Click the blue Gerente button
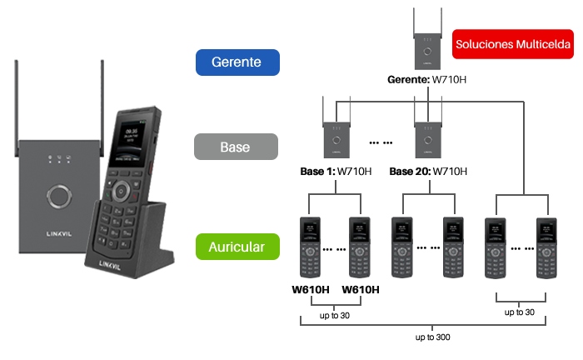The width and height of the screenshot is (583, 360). pyautogui.click(x=237, y=62)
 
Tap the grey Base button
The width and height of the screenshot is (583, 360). pyautogui.click(x=236, y=147)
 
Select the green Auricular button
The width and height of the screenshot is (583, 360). pyautogui.click(x=237, y=247)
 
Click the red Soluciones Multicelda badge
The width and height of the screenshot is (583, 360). pyautogui.click(x=513, y=44)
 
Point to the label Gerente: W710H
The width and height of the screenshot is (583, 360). pyautogui.click(x=426, y=80)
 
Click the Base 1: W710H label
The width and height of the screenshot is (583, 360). pyautogui.click(x=336, y=172)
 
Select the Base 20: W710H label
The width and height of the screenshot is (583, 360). pyautogui.click(x=428, y=172)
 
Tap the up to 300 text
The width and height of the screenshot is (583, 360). pyautogui.click(x=433, y=337)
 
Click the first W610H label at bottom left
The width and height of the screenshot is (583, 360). pyautogui.click(x=311, y=290)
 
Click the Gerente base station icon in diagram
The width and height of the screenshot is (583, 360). pyautogui.click(x=427, y=39)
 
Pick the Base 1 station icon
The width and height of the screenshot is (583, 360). pyautogui.click(x=336, y=127)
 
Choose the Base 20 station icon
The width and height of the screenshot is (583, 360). pyautogui.click(x=428, y=127)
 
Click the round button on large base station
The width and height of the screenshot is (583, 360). pyautogui.click(x=59, y=196)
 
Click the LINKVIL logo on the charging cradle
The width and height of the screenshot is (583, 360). pyautogui.click(x=110, y=265)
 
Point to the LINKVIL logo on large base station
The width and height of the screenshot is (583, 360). pyautogui.click(x=59, y=234)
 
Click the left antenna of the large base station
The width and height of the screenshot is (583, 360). pyautogui.click(x=17, y=107)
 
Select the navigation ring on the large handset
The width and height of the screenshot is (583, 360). pyautogui.click(x=121, y=192)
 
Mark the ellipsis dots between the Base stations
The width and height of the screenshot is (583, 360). pyautogui.click(x=381, y=142)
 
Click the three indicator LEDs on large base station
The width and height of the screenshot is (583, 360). pyautogui.click(x=59, y=159)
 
